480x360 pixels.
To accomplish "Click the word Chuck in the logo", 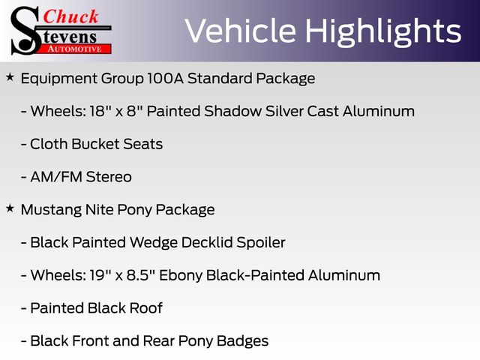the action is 70,16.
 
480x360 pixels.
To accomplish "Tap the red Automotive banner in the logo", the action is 76,49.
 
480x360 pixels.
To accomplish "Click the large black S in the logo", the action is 25,31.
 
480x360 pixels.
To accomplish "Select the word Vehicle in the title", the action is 240,31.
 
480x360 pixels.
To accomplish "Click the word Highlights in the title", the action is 383,32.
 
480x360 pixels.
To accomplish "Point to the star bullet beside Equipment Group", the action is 10,77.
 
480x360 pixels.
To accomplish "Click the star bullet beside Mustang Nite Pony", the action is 10,208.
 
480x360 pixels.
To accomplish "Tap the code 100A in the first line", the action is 165,78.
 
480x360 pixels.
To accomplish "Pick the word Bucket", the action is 95,144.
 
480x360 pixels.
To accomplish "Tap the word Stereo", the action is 109,177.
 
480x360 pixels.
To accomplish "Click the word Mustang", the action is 51,211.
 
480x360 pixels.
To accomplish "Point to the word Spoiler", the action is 261,243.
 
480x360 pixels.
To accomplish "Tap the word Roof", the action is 145,308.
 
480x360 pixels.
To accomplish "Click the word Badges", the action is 242,342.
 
